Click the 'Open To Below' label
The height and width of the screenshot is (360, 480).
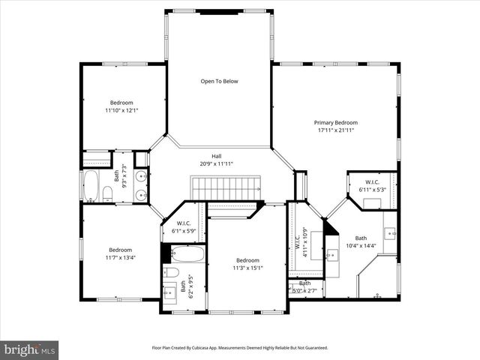219,81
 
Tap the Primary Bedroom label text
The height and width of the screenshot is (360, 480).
335,122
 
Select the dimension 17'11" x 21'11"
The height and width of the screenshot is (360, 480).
335,130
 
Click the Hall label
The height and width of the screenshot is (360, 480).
216,156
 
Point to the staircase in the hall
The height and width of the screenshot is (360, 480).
226,187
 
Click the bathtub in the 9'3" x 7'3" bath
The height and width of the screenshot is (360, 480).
90,186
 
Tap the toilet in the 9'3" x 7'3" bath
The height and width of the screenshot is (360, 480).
107,195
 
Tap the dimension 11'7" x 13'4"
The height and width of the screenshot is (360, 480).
120,258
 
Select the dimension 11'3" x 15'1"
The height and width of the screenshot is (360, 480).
247,268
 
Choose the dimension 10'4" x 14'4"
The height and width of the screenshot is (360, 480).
361,246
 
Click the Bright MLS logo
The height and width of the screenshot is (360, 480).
30,349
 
